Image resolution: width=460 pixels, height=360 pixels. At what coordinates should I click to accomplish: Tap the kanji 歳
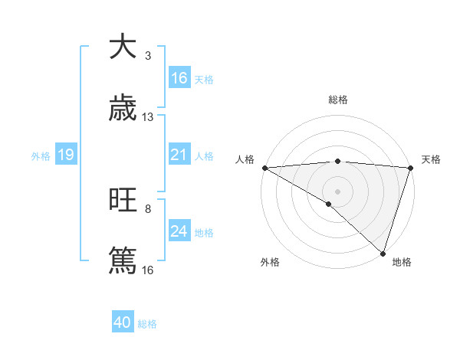123,109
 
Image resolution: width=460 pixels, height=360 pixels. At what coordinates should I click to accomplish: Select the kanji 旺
123,201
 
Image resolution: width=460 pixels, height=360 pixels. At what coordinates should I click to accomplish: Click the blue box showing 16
179,78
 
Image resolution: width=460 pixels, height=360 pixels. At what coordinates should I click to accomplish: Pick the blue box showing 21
179,155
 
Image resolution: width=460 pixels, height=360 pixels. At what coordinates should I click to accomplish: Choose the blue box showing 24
179,231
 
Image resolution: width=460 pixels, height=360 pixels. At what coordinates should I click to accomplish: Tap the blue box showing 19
66,155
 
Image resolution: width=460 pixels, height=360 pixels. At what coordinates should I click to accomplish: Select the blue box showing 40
123,322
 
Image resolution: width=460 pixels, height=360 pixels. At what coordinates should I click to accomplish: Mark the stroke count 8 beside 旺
148,208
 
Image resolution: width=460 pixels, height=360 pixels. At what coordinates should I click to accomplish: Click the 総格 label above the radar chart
338,100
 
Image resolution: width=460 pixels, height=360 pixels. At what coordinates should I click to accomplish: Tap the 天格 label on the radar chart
431,159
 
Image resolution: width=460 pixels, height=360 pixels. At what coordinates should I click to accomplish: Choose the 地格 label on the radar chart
402,262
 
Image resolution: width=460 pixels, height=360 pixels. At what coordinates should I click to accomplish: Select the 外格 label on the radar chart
270,262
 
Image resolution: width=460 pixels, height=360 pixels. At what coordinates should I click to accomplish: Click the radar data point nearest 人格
264,168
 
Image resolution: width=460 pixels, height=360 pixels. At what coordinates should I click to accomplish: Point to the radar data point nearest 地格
382,253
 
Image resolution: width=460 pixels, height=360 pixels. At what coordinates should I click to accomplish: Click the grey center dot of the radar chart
337,191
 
